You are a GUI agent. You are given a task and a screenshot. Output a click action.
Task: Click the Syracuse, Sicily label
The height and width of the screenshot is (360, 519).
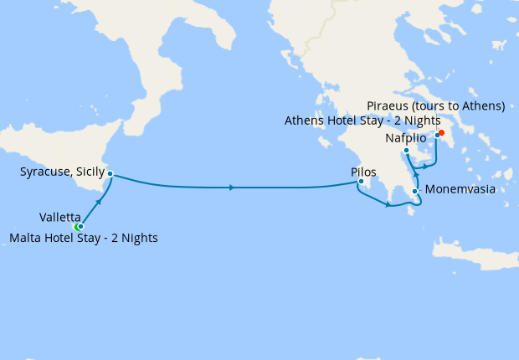62,172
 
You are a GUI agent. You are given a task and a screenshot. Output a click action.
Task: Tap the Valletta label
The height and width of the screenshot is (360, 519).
59,216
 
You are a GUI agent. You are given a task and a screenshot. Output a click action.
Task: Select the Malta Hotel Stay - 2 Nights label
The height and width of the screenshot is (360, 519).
83,238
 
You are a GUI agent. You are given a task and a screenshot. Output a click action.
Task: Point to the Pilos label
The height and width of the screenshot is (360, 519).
363,172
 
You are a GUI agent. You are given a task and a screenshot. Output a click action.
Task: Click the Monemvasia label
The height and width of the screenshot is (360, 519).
460,189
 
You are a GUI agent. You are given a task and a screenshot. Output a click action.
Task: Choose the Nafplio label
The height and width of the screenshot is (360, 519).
405,137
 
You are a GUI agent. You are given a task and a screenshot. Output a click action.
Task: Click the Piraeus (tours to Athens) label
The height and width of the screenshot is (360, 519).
435,105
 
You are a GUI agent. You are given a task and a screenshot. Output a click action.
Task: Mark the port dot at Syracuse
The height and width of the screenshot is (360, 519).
110,174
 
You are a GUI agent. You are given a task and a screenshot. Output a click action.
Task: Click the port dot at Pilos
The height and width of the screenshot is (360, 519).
361,183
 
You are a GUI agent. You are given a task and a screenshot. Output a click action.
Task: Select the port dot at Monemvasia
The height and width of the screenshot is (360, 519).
415,192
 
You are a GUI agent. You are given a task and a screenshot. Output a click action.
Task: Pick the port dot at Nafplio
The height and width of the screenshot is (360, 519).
406,151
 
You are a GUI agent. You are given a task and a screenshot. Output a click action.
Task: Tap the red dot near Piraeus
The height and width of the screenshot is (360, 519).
441,132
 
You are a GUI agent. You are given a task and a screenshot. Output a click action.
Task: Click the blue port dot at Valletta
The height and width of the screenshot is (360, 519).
81,226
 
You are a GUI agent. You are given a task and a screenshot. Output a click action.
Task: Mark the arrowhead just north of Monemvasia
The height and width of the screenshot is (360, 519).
416,173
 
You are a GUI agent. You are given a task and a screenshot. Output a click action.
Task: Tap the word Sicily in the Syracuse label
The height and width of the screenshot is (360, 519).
89,172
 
